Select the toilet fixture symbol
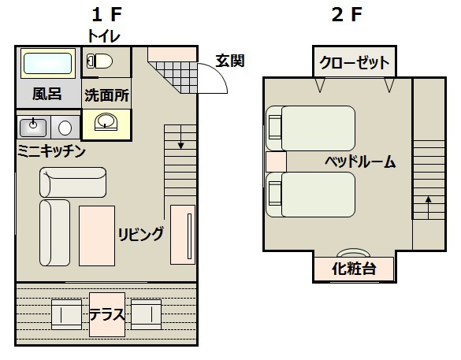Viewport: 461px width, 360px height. [99, 61]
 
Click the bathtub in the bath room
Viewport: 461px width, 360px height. [47, 63]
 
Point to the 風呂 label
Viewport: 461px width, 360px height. [46, 95]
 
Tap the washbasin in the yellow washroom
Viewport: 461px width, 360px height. [106, 122]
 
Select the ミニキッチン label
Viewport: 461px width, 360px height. [51, 150]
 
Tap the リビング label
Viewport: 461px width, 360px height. [142, 233]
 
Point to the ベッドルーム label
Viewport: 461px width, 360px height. [359, 162]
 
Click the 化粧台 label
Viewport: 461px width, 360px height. [353, 269]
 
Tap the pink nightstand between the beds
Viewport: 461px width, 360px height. [275, 162]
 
